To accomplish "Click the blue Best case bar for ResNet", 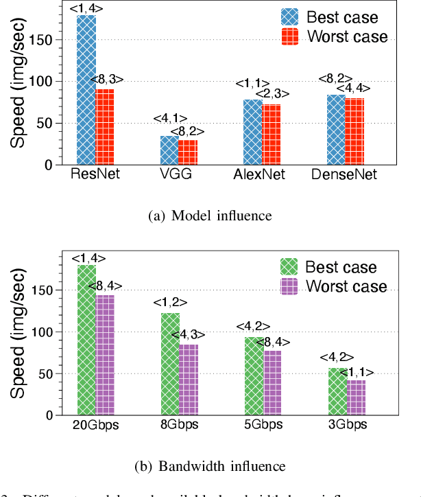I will (x=86, y=90).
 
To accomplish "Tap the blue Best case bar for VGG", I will (x=169, y=150).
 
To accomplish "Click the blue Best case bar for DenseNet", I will (x=336, y=130).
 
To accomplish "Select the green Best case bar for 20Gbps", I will (x=86, y=340).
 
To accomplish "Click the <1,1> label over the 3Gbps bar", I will (x=357, y=372).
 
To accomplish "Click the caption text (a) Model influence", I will (x=210, y=216).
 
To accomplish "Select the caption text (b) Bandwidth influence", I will (x=210, y=466).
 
